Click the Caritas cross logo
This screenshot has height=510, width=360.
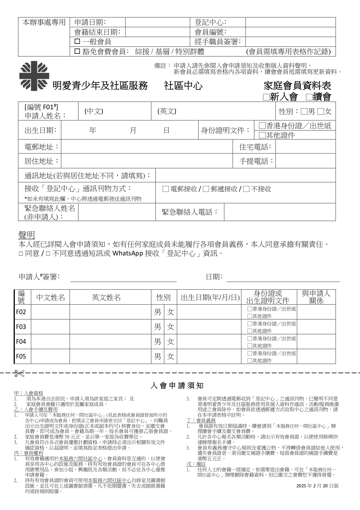(x=34, y=76)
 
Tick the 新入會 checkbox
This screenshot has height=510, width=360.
(x=266, y=97)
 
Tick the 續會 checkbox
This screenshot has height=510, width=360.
(x=309, y=97)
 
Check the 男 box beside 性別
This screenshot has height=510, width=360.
(x=304, y=111)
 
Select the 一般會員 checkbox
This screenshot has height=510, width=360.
(x=77, y=42)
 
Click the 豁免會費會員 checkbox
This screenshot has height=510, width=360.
(x=77, y=51)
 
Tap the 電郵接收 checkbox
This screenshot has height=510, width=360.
(x=165, y=189)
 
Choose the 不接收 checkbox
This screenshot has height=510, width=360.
(x=246, y=189)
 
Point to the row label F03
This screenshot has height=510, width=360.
(x=21, y=327)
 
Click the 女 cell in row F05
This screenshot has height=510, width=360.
(x=170, y=356)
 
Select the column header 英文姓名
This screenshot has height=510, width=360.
(x=106, y=297)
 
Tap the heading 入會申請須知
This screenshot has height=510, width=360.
(x=177, y=386)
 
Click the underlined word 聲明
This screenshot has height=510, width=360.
(x=27, y=235)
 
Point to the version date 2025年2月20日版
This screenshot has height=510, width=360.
(x=317, y=486)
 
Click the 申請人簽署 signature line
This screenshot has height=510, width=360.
(x=123, y=278)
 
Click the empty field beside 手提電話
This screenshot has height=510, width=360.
(x=305, y=161)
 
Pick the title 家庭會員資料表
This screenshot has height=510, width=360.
(x=297, y=86)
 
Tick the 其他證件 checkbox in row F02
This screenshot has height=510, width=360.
(x=249, y=316)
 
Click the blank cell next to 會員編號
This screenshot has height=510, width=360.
(x=290, y=32)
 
